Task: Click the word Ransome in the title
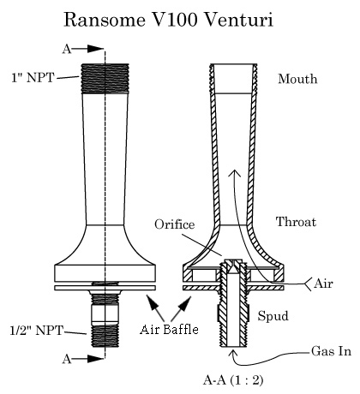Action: click(x=105, y=20)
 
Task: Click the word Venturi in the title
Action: click(x=239, y=20)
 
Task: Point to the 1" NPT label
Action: click(x=33, y=77)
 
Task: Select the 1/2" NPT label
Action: click(x=36, y=331)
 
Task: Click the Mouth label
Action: click(x=297, y=79)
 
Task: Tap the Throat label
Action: click(x=296, y=222)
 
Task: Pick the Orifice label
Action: click(x=175, y=224)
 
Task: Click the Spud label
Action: click(x=273, y=316)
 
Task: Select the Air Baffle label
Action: click(x=169, y=330)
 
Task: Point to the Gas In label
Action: click(x=331, y=351)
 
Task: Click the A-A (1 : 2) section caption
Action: click(x=233, y=380)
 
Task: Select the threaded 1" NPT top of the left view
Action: click(x=105, y=79)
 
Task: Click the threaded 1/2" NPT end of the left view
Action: click(x=105, y=336)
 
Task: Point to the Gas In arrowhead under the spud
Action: click(x=234, y=353)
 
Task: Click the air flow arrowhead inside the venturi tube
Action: click(x=235, y=173)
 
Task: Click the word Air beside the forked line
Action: click(x=323, y=284)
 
